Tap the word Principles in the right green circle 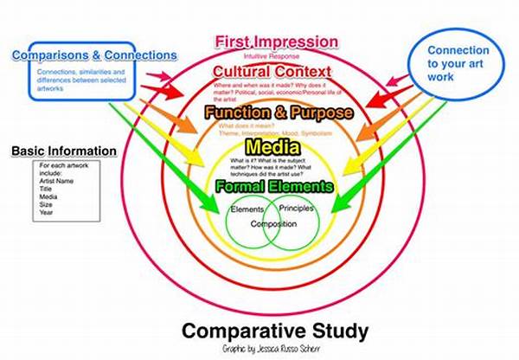point(297,209)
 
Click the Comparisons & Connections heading point(95,56)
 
